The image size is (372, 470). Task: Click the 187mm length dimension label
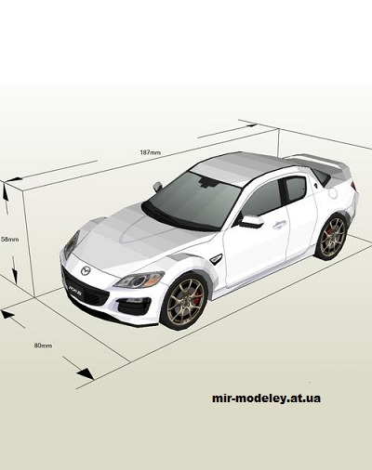(x=150, y=152)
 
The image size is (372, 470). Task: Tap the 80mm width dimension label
(x=43, y=346)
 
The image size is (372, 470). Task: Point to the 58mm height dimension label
(x=8, y=239)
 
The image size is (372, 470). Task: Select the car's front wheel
(x=183, y=301)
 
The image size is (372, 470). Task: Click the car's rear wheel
(x=332, y=237)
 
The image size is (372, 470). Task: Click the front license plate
(x=75, y=291)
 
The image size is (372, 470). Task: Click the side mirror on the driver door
(x=250, y=221)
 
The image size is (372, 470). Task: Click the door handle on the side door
(x=280, y=223)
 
